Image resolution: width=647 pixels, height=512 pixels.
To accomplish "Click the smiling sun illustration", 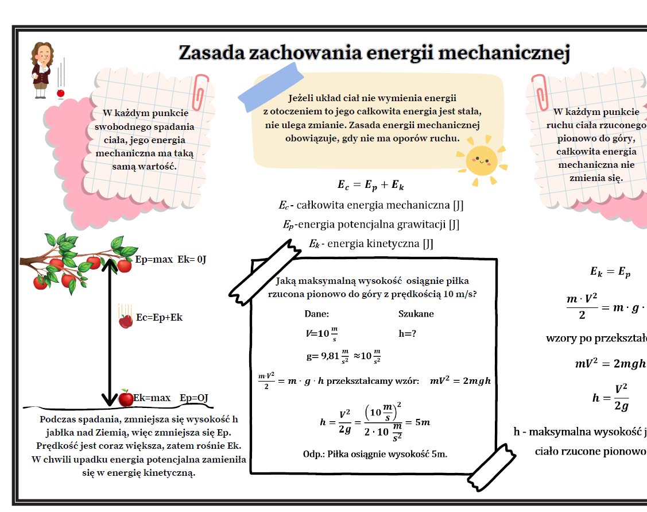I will [x=481, y=160].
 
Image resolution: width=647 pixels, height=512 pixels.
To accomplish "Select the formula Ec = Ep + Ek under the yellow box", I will [x=371, y=185].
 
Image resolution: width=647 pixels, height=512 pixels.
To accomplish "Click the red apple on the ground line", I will [x=126, y=398].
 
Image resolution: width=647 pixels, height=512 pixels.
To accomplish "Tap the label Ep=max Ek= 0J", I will [x=171, y=259].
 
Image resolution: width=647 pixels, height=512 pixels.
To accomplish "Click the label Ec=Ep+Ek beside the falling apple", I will [x=159, y=317].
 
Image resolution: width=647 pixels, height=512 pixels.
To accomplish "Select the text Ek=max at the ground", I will [x=152, y=398].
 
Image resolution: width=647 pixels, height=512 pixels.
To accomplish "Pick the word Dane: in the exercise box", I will [x=316, y=314].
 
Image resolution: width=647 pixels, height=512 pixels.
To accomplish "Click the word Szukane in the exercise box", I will [x=416, y=314].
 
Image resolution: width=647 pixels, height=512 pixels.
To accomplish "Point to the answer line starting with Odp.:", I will [x=374, y=454].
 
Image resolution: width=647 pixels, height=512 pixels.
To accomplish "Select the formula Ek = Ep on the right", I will [x=610, y=272].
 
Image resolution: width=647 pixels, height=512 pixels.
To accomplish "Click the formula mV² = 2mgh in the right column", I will [x=610, y=363].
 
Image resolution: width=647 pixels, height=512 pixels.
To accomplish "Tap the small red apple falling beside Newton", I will [x=60, y=93].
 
